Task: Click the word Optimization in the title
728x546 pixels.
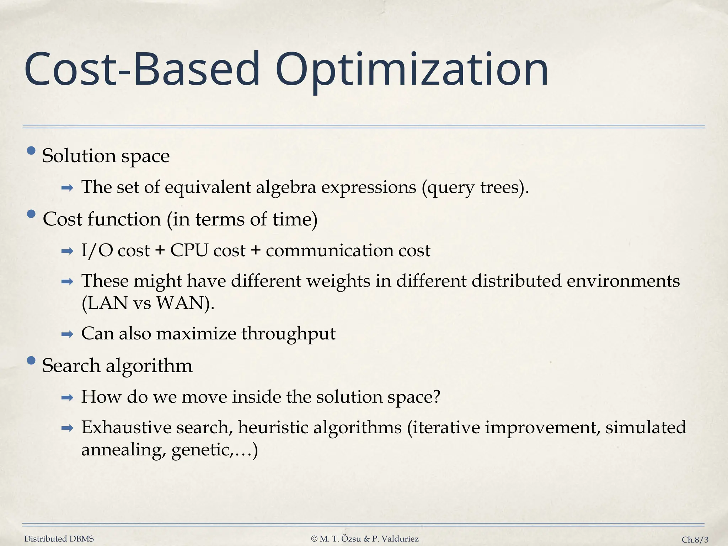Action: [412, 70]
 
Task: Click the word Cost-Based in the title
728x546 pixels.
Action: [142, 70]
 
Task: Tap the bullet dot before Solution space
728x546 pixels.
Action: [31, 151]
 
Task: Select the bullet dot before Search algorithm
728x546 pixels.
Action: [31, 361]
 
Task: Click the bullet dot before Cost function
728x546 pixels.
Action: [31, 214]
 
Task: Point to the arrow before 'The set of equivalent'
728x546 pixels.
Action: [67, 188]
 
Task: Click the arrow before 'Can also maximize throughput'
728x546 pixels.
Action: [67, 334]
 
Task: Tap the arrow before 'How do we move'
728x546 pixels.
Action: [67, 397]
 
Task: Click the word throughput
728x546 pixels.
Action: [288, 334]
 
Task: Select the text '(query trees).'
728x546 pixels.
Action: [475, 187]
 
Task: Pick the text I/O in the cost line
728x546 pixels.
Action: [97, 251]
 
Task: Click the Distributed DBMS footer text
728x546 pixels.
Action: [59, 539]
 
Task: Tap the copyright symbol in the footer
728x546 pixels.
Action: [314, 539]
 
